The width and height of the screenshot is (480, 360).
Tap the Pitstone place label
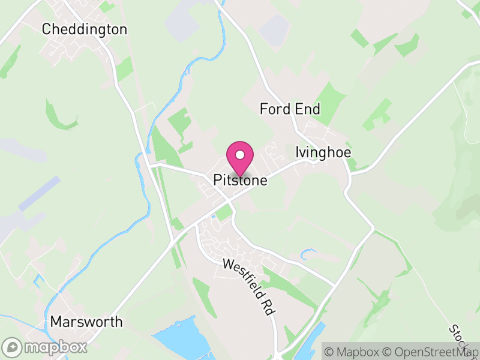(240, 180)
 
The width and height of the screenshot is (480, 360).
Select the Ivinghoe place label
(323, 152)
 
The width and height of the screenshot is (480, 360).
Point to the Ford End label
(290, 109)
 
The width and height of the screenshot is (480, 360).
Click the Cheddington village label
(85, 29)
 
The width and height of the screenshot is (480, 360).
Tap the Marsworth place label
(86, 322)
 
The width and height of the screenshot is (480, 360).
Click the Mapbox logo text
(55, 347)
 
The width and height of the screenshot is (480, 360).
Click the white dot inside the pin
(240, 155)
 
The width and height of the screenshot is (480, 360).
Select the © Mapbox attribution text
(353, 351)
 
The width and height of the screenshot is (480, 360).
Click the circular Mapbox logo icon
(13, 347)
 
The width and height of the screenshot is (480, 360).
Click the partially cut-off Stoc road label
(460, 340)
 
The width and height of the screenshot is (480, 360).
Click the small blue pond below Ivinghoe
(309, 253)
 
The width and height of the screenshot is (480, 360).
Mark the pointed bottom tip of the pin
(240, 176)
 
